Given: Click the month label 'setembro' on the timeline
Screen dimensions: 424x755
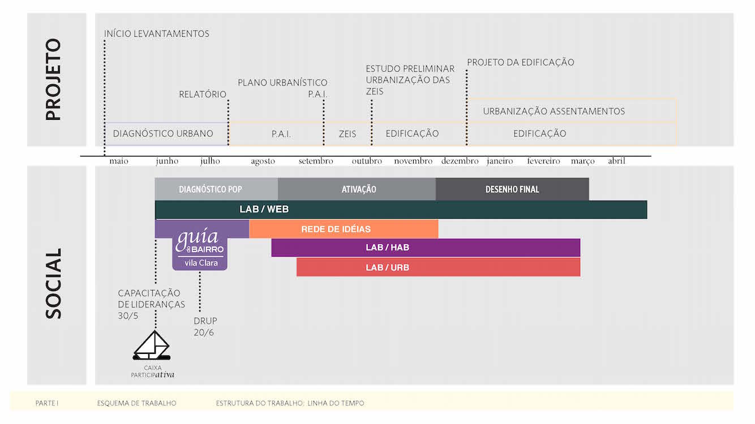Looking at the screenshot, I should point(316,161).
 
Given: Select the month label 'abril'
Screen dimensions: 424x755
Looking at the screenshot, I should point(616,161).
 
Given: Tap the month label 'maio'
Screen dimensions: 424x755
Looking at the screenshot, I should point(119,161).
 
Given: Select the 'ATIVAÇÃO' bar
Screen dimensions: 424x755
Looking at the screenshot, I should point(358,189).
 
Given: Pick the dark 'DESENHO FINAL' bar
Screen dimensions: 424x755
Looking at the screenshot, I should point(512,189).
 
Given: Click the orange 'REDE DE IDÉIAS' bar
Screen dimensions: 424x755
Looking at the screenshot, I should point(343,229).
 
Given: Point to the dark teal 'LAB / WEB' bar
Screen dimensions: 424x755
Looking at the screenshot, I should point(401,210).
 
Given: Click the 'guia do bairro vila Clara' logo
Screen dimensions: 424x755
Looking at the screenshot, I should point(200,249).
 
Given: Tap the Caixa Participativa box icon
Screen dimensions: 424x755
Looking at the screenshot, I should point(151,346).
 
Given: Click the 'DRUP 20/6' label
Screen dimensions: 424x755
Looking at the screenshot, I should point(204,327).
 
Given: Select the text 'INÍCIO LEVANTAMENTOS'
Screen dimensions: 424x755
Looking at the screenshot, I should point(157,34).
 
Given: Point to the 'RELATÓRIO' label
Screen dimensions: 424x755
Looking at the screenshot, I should point(203,94).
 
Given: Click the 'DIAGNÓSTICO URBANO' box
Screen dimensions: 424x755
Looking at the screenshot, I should point(164,134).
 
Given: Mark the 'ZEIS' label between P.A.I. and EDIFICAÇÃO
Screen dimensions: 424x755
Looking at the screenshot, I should point(348,134).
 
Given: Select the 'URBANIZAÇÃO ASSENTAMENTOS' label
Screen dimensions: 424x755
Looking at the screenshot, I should point(554,111).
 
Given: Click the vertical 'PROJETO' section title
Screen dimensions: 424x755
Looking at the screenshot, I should point(53,79).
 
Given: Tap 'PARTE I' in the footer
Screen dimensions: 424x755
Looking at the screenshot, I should point(47,403).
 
